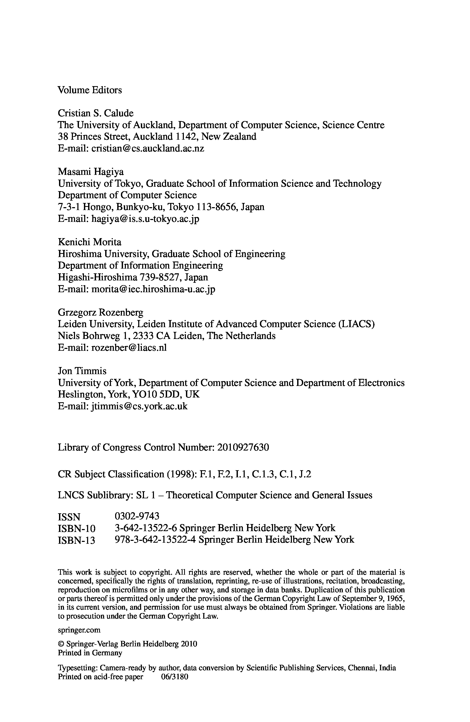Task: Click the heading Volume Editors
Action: pyautogui.click(x=90, y=90)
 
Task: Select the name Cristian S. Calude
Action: pyautogui.click(x=95, y=113)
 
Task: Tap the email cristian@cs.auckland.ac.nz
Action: pyautogui.click(x=148, y=148)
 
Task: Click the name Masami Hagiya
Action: pyautogui.click(x=90, y=172)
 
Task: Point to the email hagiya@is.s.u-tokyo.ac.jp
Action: pyautogui.click(x=145, y=219)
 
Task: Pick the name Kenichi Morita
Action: pyautogui.click(x=89, y=242)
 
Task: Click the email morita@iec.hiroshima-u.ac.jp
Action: pyautogui.click(x=153, y=289)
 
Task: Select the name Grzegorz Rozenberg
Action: pyautogui.click(x=100, y=312)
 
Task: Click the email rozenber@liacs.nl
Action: pyautogui.click(x=129, y=348)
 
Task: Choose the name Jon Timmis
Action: pyautogui.click(x=82, y=371)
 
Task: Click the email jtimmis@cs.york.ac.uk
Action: pyautogui.click(x=139, y=406)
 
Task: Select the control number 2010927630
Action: pyautogui.click(x=243, y=447)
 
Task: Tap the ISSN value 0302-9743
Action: pyautogui.click(x=137, y=516)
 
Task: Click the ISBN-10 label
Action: pyautogui.click(x=77, y=529)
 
